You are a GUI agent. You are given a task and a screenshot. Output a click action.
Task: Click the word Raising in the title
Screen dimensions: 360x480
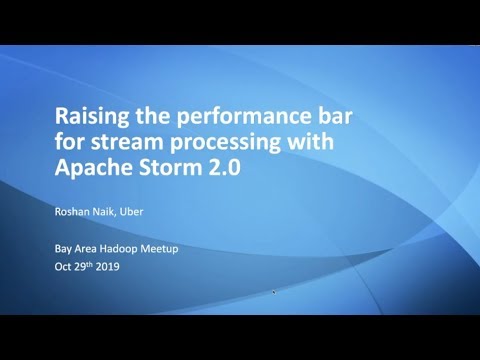click(89, 113)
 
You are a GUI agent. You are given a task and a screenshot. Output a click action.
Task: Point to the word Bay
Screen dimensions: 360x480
click(64, 248)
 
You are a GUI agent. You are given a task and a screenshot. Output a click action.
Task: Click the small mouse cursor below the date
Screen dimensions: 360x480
click(274, 292)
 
